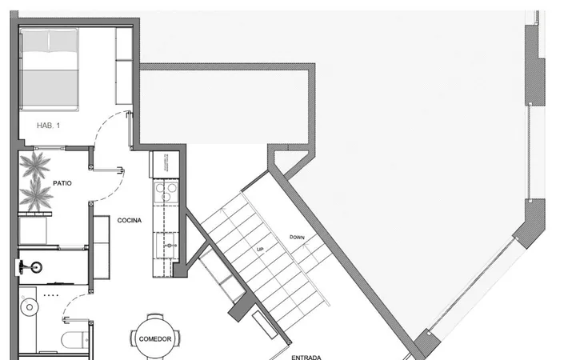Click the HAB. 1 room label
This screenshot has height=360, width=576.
[48, 126]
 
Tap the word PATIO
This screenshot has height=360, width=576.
[62, 183]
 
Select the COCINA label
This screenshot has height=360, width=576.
[130, 221]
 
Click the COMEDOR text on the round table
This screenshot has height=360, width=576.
[155, 339]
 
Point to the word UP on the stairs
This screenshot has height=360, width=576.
[260, 250]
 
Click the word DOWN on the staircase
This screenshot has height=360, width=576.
[297, 238]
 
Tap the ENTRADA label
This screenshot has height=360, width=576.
[306, 357]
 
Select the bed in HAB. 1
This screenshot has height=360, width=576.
[49, 70]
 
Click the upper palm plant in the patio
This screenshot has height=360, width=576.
[35, 165]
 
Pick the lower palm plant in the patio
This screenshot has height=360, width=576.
[36, 194]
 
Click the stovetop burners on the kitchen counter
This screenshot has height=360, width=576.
[166, 192]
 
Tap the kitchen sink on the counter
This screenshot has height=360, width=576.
[166, 246]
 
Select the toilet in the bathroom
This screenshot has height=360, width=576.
[74, 340]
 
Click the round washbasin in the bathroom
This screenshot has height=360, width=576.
[30, 307]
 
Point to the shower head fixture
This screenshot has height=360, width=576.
[30, 267]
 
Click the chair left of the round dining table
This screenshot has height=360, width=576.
[133, 338]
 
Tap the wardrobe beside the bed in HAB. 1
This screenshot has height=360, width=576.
[124, 66]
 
